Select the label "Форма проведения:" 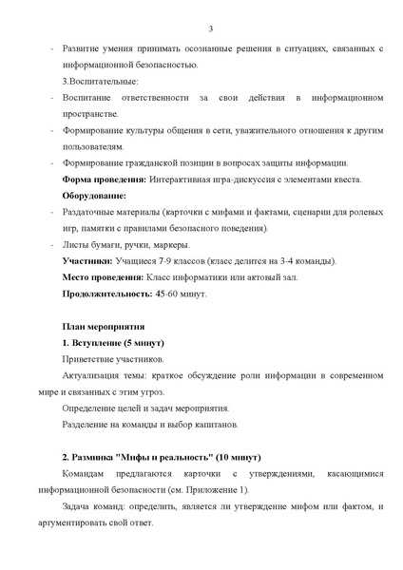[102, 179]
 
